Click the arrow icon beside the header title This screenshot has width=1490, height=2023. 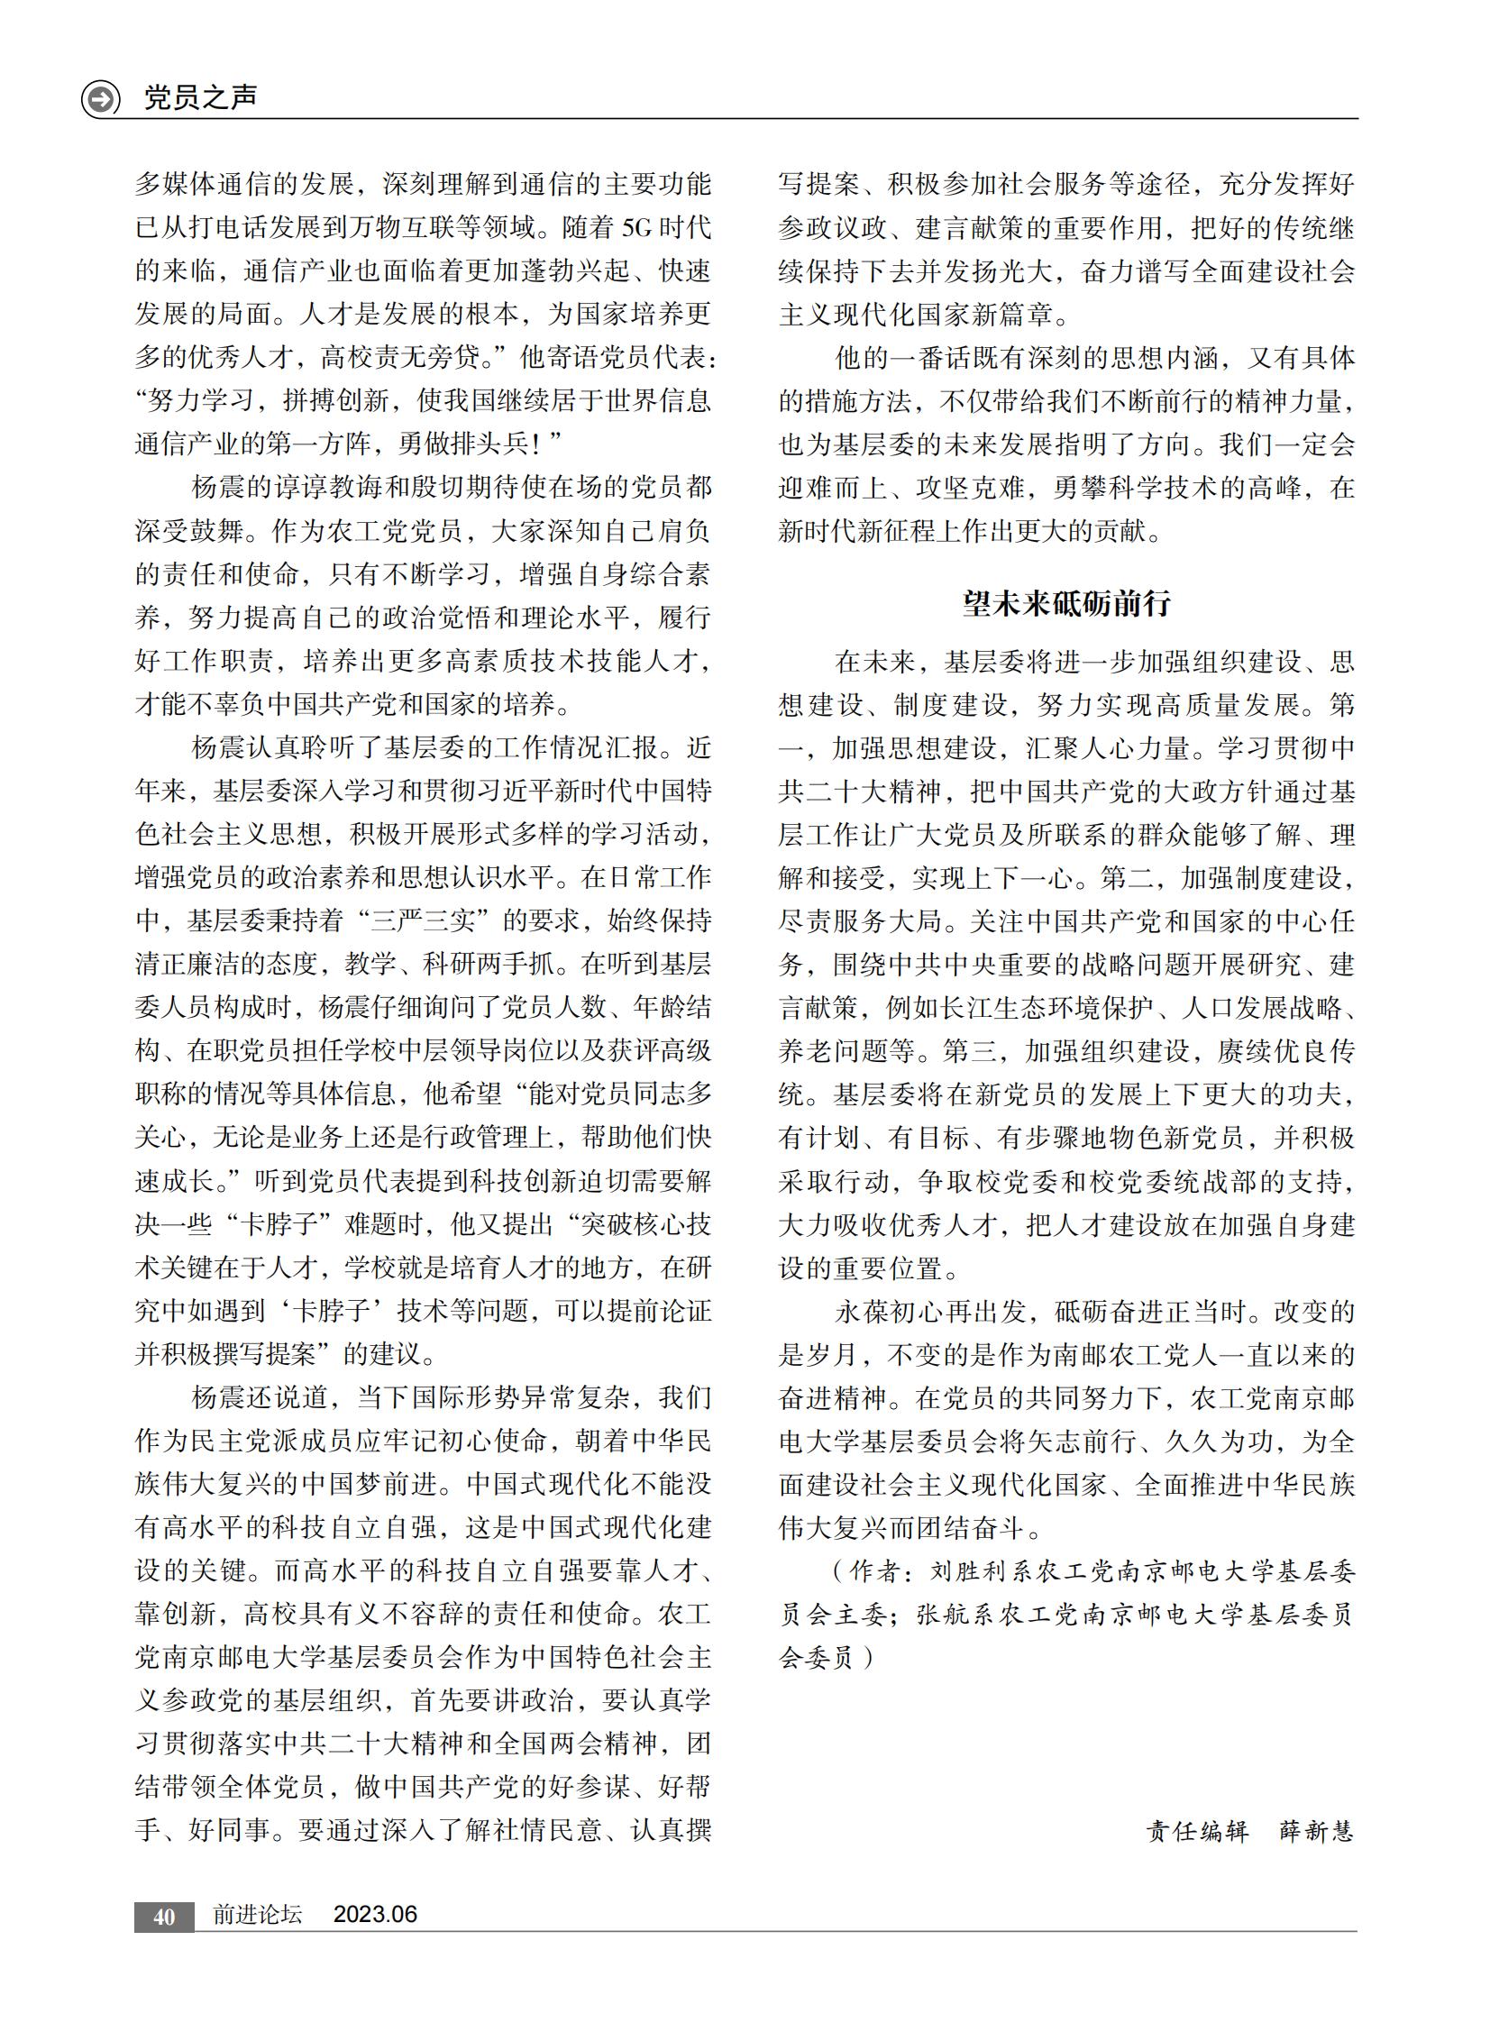[100, 98]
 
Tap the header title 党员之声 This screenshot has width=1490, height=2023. [200, 97]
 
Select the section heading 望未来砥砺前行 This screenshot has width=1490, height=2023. [1066, 603]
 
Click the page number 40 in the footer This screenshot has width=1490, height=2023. [164, 1916]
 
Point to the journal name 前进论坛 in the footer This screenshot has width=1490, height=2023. [257, 1915]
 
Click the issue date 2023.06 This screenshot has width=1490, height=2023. [375, 1915]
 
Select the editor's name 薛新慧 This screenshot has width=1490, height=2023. [1317, 1830]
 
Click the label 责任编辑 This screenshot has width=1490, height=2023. [1197, 1830]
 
